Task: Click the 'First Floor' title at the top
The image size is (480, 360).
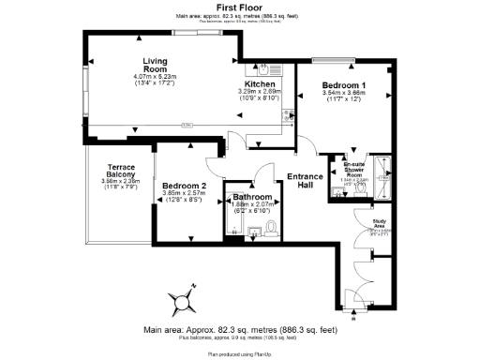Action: tap(239, 7)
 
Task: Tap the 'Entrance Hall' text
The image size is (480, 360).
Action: tap(305, 181)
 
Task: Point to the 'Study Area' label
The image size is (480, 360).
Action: tap(367, 223)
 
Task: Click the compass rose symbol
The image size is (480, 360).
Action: tap(183, 301)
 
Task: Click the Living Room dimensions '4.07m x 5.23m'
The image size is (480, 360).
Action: tap(148, 76)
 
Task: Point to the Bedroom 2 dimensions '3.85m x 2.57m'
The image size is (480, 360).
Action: tap(183, 193)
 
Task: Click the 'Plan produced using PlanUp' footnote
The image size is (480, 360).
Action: tap(239, 354)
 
